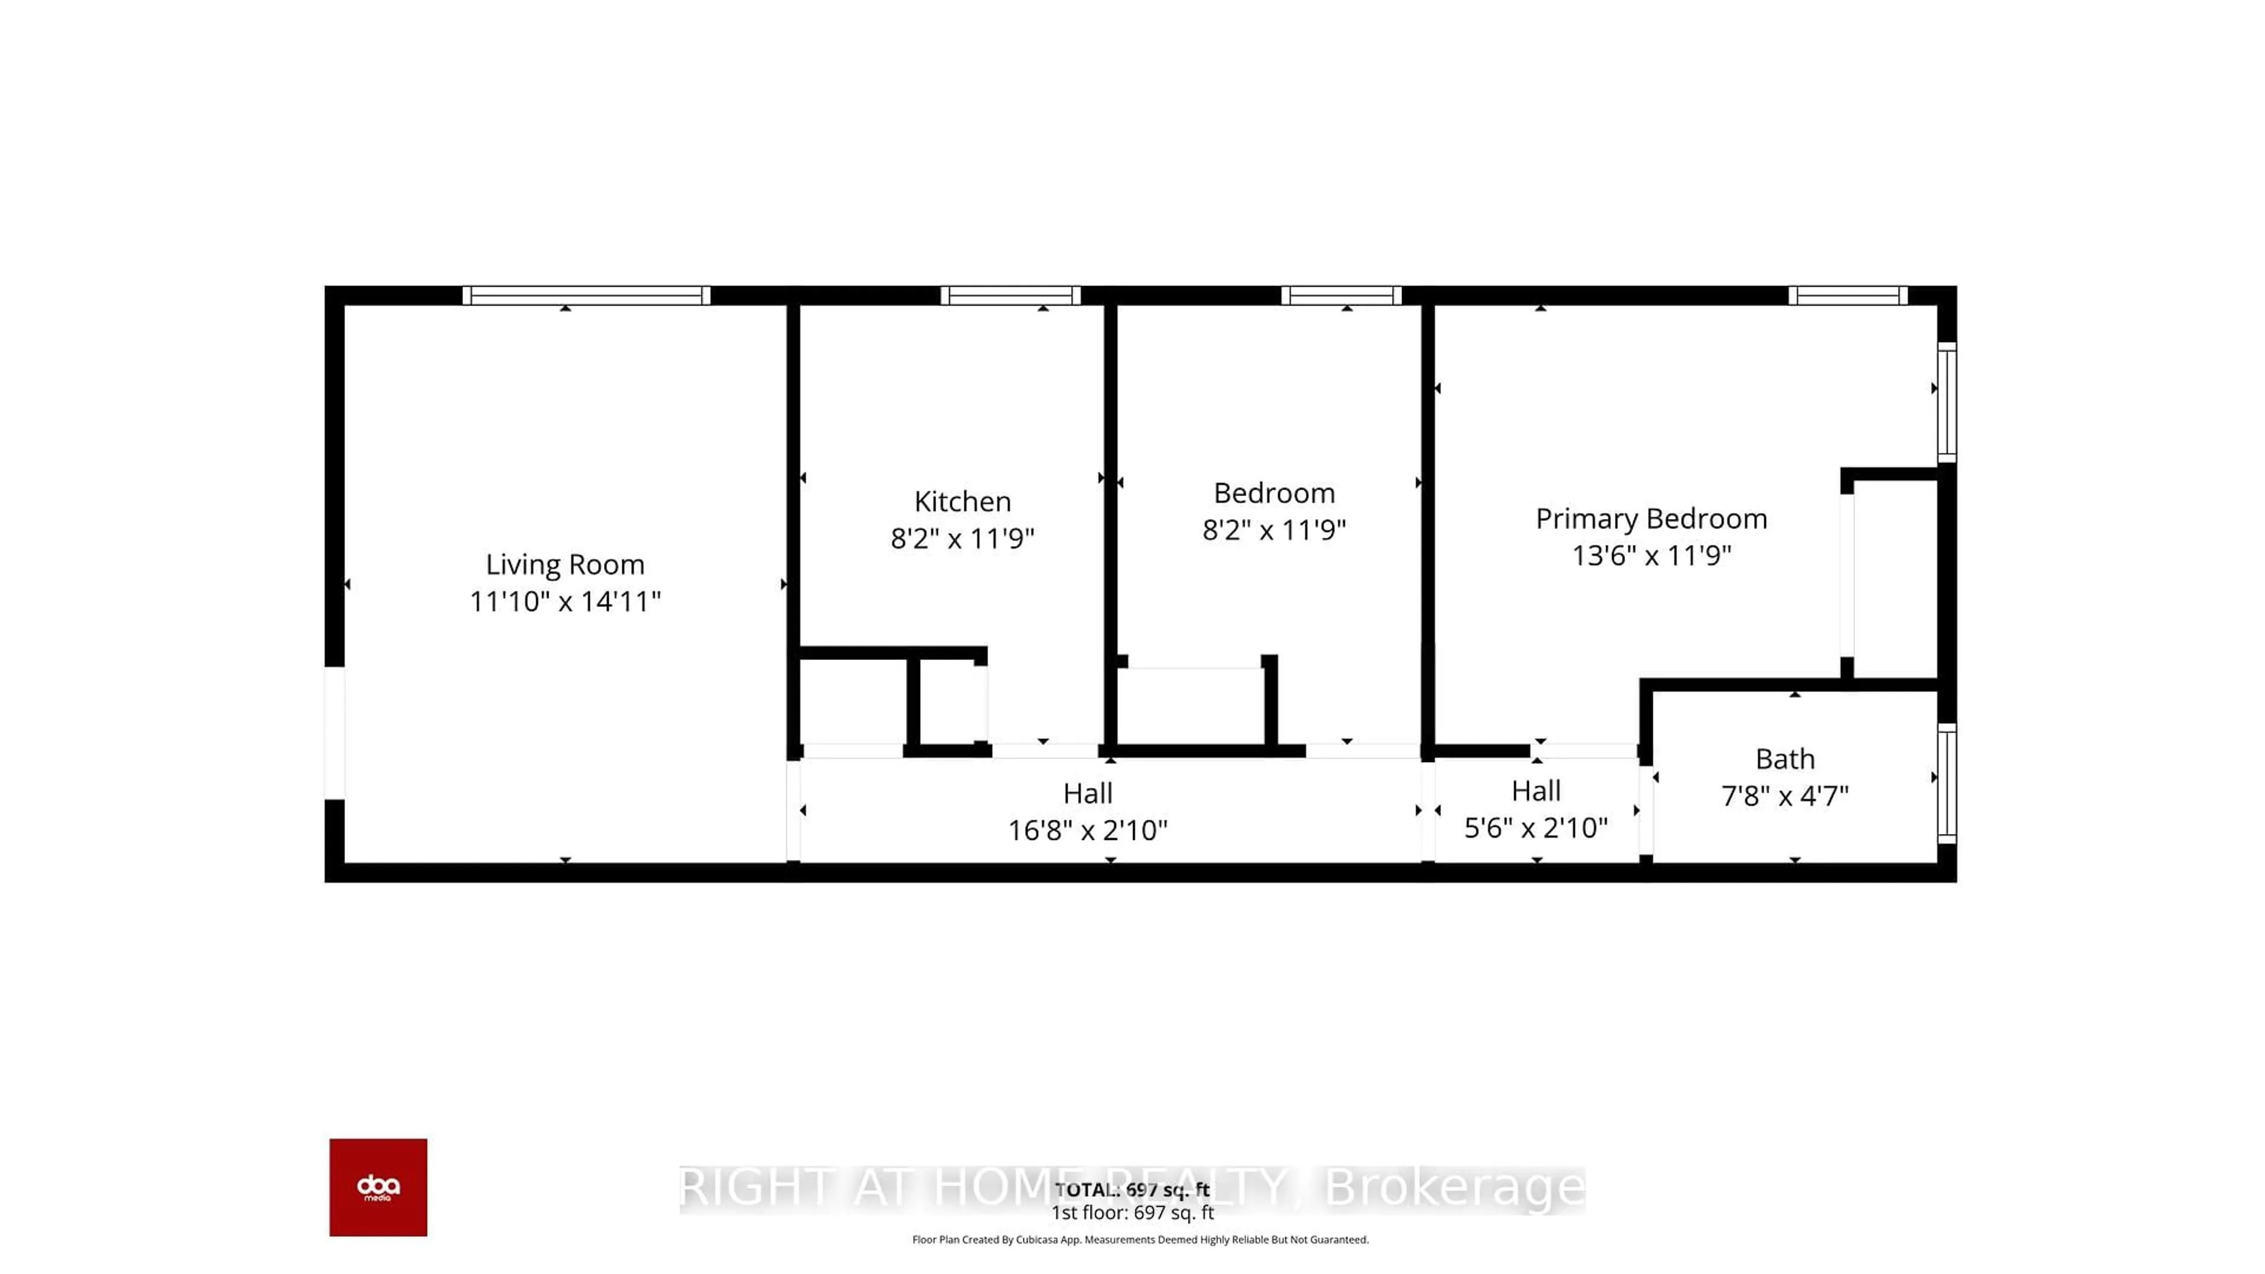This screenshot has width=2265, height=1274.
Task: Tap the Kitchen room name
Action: click(x=962, y=501)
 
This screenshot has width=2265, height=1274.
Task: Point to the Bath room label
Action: click(x=1784, y=759)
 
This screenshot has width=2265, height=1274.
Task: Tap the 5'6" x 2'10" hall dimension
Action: click(x=1535, y=828)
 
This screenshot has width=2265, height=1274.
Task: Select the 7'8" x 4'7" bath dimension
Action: click(x=1784, y=796)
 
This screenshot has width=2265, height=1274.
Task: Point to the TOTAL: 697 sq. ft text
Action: click(x=1132, y=1190)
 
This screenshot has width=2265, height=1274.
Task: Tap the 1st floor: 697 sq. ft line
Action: click(x=1132, y=1213)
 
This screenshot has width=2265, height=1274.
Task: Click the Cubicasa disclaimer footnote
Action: click(x=1140, y=1240)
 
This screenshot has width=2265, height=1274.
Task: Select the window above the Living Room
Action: click(x=586, y=295)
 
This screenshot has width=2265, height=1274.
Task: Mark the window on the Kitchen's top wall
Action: click(x=1010, y=295)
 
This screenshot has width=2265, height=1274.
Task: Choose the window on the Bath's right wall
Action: click(x=1946, y=783)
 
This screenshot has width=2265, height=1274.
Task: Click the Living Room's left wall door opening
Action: click(x=334, y=733)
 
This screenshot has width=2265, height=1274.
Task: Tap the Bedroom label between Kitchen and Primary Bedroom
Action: click(x=1273, y=493)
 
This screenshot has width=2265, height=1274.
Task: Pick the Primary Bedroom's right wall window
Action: click(x=1946, y=402)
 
